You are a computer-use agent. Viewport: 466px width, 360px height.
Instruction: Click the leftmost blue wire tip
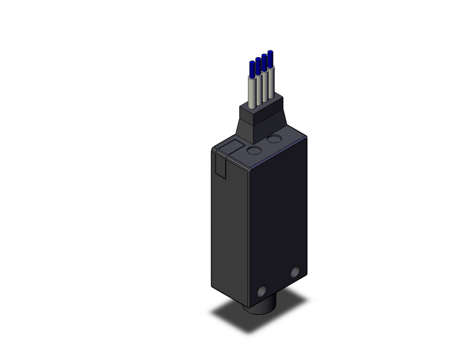point(252,67)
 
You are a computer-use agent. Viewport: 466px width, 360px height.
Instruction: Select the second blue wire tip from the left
point(258,64)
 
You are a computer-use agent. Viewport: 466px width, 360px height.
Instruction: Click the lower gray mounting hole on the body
point(262,292)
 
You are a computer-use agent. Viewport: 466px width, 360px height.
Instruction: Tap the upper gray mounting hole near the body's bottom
point(295,273)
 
